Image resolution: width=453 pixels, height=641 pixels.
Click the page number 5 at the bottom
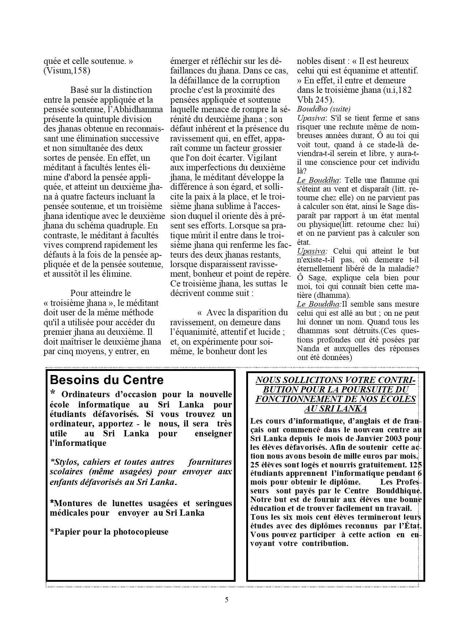point(226,600)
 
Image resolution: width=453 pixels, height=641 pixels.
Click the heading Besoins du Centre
point(107,380)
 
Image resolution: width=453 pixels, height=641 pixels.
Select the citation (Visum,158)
point(66,71)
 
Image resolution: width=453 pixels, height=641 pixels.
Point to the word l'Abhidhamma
point(130,109)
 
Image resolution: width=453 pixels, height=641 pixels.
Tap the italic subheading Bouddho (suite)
point(324,109)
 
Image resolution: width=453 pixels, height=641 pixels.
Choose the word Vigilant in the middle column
point(262,158)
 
